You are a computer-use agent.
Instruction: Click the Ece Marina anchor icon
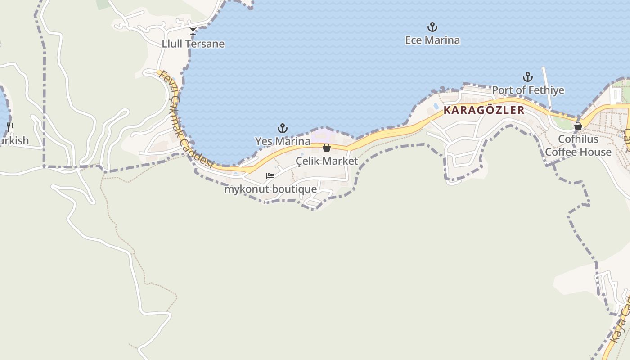coord(432,27)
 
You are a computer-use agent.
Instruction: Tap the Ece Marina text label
coord(432,40)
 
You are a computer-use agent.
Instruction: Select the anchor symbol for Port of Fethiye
coord(527,77)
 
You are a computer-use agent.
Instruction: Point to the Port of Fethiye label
coord(528,90)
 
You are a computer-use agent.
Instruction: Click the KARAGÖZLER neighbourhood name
coord(484,110)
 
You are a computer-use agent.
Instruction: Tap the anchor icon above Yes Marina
coord(282,129)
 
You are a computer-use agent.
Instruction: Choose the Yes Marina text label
coord(283,141)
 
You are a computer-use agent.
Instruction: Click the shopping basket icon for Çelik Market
coord(327,148)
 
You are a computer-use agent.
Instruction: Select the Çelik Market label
coord(327,161)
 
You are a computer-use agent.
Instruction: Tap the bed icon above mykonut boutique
coord(270,176)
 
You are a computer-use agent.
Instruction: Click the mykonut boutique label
coord(270,189)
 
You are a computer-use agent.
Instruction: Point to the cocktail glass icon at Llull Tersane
coord(193,31)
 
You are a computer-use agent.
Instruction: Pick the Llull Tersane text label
coord(193,44)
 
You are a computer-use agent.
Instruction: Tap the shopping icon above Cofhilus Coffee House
coord(578,126)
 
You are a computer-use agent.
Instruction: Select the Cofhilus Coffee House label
coord(578,145)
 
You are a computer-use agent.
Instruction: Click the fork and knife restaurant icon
coord(10,127)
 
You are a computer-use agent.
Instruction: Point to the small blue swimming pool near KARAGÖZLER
coord(436,106)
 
